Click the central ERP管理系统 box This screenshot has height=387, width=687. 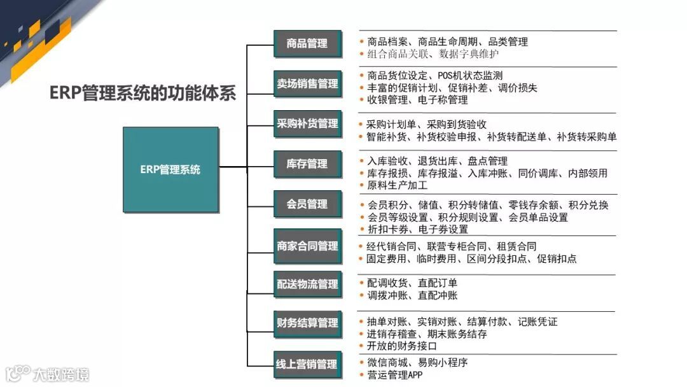170,170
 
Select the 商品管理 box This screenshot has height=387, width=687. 307,44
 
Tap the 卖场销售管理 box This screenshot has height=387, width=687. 307,84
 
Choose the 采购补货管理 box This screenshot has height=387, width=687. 307,123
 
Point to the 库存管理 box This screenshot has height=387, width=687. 307,164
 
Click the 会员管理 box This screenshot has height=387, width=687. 307,204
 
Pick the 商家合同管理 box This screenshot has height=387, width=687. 307,246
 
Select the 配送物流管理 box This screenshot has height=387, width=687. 307,285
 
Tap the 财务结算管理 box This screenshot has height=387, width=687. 307,323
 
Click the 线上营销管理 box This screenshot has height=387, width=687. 307,364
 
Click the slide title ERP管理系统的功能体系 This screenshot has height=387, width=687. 142,94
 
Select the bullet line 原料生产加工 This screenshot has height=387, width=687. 398,185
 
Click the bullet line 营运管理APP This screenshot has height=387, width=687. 394,375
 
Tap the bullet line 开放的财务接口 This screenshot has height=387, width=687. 402,346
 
